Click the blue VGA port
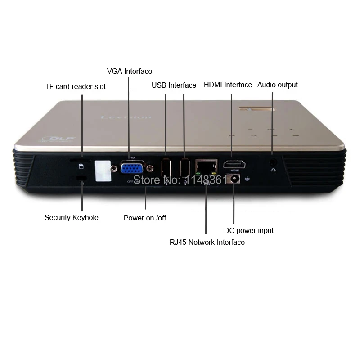click(x=133, y=168)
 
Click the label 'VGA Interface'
click(x=130, y=71)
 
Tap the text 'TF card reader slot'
click(x=76, y=86)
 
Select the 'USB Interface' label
click(x=174, y=85)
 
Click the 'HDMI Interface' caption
click(x=228, y=85)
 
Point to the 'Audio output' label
click(x=277, y=85)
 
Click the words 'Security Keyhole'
click(x=71, y=217)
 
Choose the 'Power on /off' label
click(x=145, y=218)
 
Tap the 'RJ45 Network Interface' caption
click(x=207, y=242)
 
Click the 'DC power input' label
click(x=249, y=230)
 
